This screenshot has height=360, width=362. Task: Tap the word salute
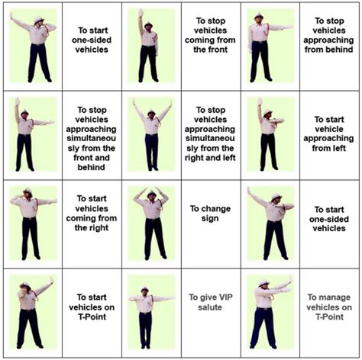point(205,307)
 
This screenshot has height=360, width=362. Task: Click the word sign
point(205,218)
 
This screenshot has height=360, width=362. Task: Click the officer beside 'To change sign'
point(151,217)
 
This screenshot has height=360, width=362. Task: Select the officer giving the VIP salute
point(146,313)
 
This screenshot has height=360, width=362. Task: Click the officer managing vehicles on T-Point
point(267,313)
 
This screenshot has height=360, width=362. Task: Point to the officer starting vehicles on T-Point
point(30,313)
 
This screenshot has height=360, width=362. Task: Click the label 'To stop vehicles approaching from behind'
point(329,34)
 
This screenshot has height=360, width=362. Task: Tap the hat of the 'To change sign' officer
point(151,194)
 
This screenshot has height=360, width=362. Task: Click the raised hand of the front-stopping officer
point(140,12)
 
